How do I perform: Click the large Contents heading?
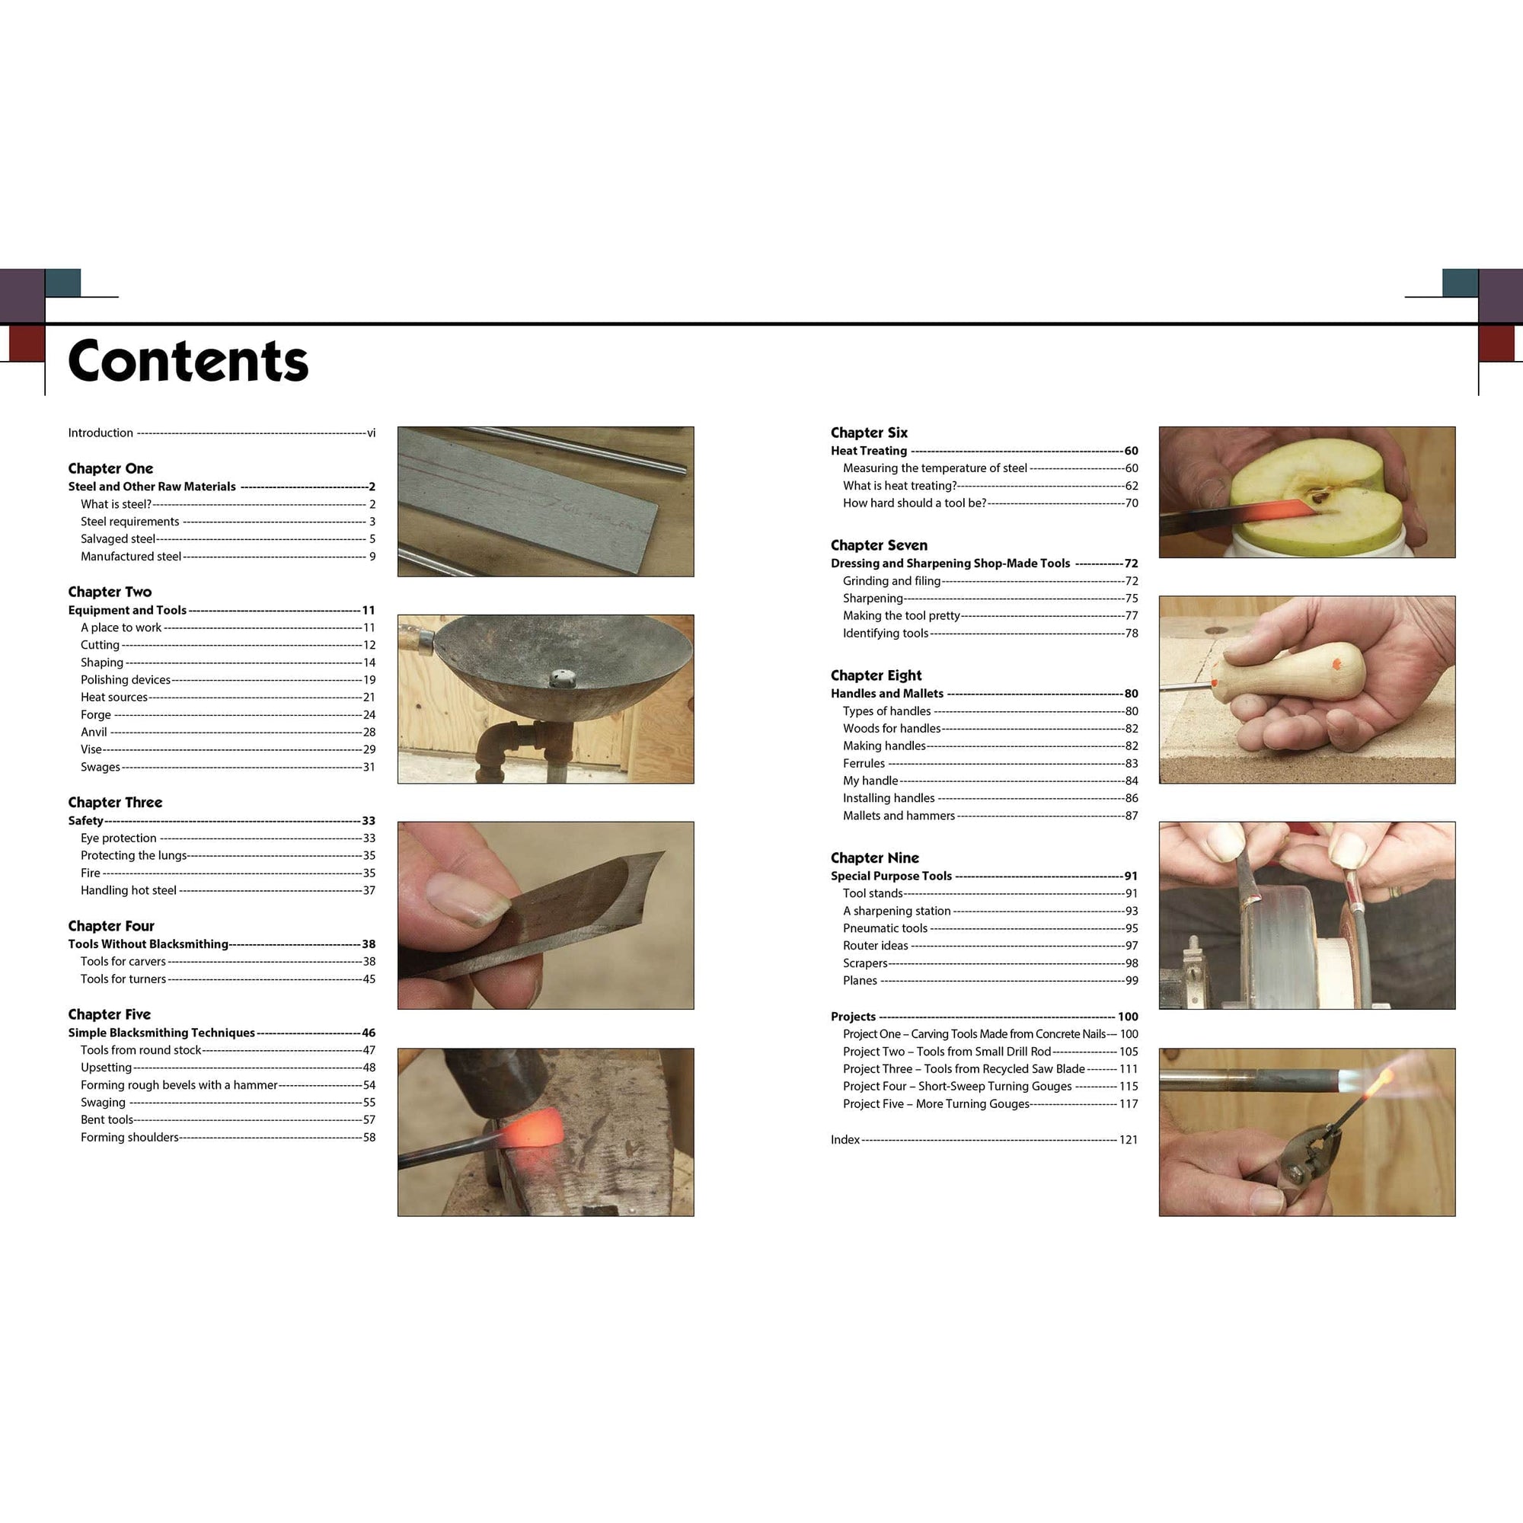[187, 361]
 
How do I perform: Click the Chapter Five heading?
[109, 1014]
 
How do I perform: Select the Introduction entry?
[100, 433]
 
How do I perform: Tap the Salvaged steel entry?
[117, 539]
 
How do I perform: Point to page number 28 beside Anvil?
[369, 733]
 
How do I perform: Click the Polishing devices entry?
[126, 679]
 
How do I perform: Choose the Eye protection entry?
[118, 838]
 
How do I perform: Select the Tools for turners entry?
[123, 979]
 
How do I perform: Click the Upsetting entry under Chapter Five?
[106, 1068]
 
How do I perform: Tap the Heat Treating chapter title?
[869, 451]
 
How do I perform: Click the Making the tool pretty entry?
[901, 615]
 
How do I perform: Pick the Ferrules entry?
[864, 763]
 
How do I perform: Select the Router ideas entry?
[875, 945]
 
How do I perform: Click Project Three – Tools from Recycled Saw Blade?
[963, 1069]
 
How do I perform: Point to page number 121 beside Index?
[1128, 1140]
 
